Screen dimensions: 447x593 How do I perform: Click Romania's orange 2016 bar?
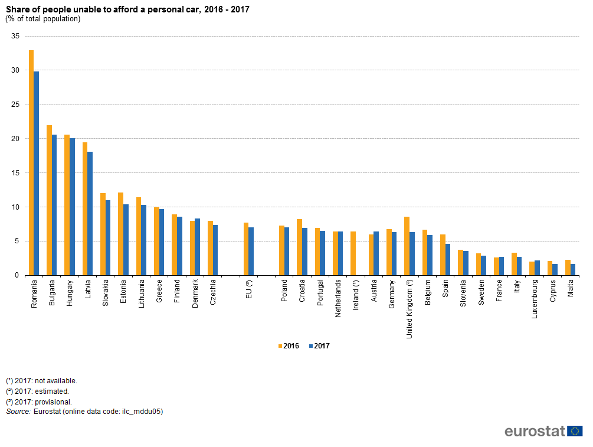click(x=31, y=162)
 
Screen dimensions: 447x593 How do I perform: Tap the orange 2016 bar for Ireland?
click(x=353, y=253)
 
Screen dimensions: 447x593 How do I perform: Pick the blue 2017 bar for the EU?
click(x=251, y=252)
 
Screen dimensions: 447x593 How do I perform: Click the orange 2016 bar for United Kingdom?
click(x=407, y=246)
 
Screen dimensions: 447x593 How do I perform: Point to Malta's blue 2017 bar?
click(x=572, y=270)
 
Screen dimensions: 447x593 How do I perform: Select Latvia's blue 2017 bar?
click(x=90, y=213)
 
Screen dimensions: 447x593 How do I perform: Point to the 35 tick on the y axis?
click(x=16, y=36)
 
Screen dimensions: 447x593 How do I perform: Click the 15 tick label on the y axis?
click(x=16, y=173)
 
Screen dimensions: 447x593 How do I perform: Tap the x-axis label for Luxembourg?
click(x=535, y=299)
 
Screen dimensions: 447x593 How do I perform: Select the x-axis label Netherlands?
click(x=338, y=299)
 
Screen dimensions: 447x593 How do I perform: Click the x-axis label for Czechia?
click(x=212, y=292)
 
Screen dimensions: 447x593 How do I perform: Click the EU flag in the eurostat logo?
click(x=575, y=431)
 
